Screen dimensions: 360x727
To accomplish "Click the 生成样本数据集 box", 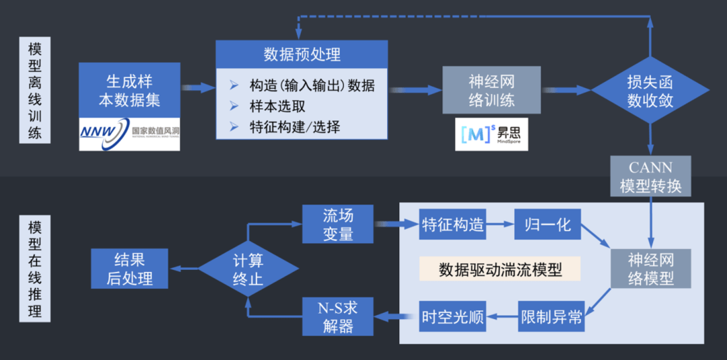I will pyautogui.click(x=129, y=91).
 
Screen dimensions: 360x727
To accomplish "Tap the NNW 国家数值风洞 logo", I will pyautogui.click(x=129, y=133).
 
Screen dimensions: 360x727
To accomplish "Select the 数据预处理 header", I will pyautogui.click(x=302, y=54).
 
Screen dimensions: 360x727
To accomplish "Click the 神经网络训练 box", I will pyautogui.click(x=491, y=90).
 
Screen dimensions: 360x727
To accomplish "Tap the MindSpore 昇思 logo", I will pyautogui.click(x=491, y=134).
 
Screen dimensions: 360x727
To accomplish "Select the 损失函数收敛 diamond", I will pyautogui.click(x=650, y=90).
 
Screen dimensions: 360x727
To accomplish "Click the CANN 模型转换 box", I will pyautogui.click(x=650, y=176).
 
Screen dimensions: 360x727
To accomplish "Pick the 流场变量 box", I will pyautogui.click(x=338, y=225).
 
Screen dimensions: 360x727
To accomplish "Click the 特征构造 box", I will pyautogui.click(x=452, y=225).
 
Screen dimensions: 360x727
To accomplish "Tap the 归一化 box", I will pyautogui.click(x=547, y=225).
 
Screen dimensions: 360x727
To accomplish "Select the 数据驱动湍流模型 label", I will pyautogui.click(x=499, y=269).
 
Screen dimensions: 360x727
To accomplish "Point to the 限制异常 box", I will pyautogui.click(x=551, y=316).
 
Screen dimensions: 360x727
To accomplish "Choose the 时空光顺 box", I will pyautogui.click(x=452, y=316).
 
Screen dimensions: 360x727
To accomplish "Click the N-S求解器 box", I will pyautogui.click(x=338, y=316).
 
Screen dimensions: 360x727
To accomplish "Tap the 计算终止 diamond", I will pyautogui.click(x=248, y=269).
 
